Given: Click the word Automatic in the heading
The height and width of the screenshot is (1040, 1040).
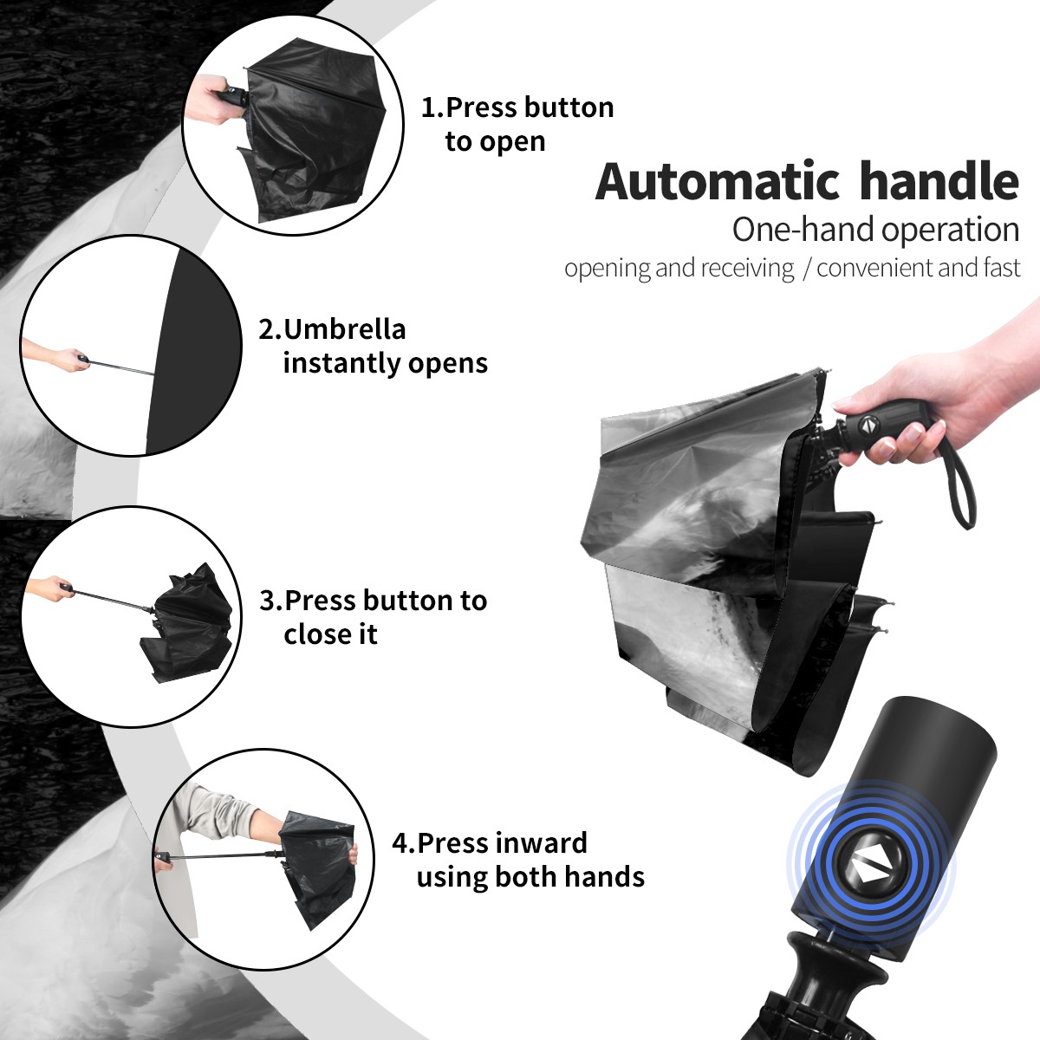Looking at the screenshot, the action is (x=718, y=182).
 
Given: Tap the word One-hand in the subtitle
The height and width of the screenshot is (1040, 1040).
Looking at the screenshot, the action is (x=804, y=230).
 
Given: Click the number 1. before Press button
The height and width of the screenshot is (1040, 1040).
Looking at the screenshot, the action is (x=432, y=107).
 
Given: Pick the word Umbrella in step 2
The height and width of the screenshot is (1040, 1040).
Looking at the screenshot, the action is (x=344, y=329).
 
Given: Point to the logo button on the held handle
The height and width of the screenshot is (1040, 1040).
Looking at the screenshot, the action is (x=869, y=424).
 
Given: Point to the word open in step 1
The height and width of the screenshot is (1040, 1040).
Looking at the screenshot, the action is (x=512, y=143).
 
